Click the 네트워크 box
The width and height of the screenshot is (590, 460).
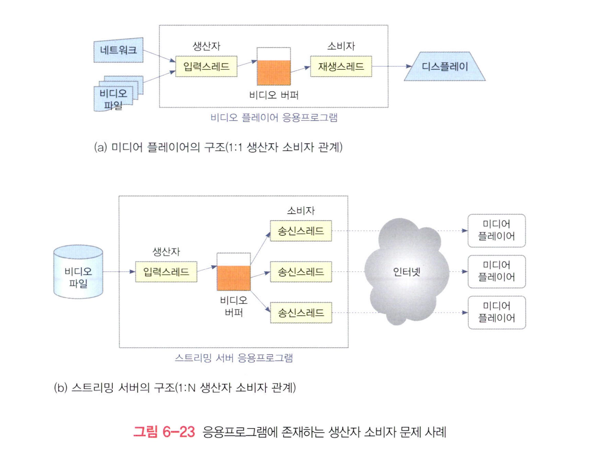click(118, 50)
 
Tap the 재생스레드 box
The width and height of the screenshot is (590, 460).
click(341, 66)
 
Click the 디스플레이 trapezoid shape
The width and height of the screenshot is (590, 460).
click(445, 66)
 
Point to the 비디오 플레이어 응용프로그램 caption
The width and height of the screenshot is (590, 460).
click(274, 118)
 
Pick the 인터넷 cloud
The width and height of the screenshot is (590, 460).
click(406, 272)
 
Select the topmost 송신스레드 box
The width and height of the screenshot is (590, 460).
click(301, 231)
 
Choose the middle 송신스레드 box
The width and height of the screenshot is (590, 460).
click(301, 272)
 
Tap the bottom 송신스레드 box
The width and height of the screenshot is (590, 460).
click(301, 313)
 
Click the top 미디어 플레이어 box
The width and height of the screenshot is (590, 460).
click(496, 230)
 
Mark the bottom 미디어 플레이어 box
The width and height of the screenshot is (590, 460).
click(496, 312)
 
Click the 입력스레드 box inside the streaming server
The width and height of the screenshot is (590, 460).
click(166, 272)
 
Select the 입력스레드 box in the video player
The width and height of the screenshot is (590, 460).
click(206, 66)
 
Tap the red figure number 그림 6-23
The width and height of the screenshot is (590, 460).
click(164, 432)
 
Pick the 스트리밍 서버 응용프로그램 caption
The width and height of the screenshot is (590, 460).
click(234, 358)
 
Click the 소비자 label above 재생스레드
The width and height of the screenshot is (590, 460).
click(341, 46)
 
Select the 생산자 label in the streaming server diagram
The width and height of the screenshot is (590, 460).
click(166, 252)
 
